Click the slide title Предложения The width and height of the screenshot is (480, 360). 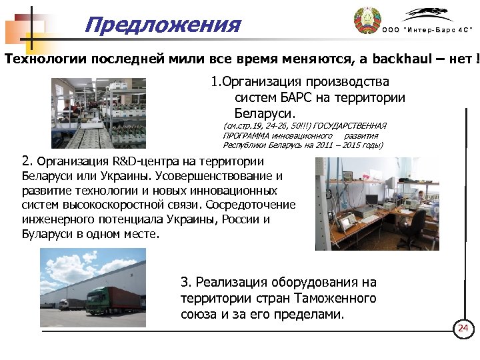163,25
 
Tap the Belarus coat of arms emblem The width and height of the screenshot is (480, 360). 366,22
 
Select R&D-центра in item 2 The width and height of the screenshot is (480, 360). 136,161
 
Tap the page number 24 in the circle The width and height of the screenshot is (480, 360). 463,328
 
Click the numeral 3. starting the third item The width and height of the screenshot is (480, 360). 186,283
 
